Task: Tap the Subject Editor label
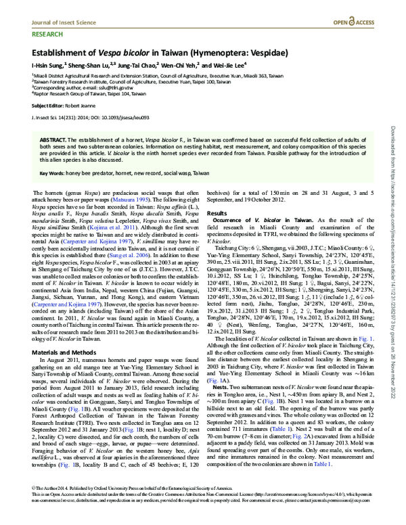coord(51,106)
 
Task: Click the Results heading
coord(217,212)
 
